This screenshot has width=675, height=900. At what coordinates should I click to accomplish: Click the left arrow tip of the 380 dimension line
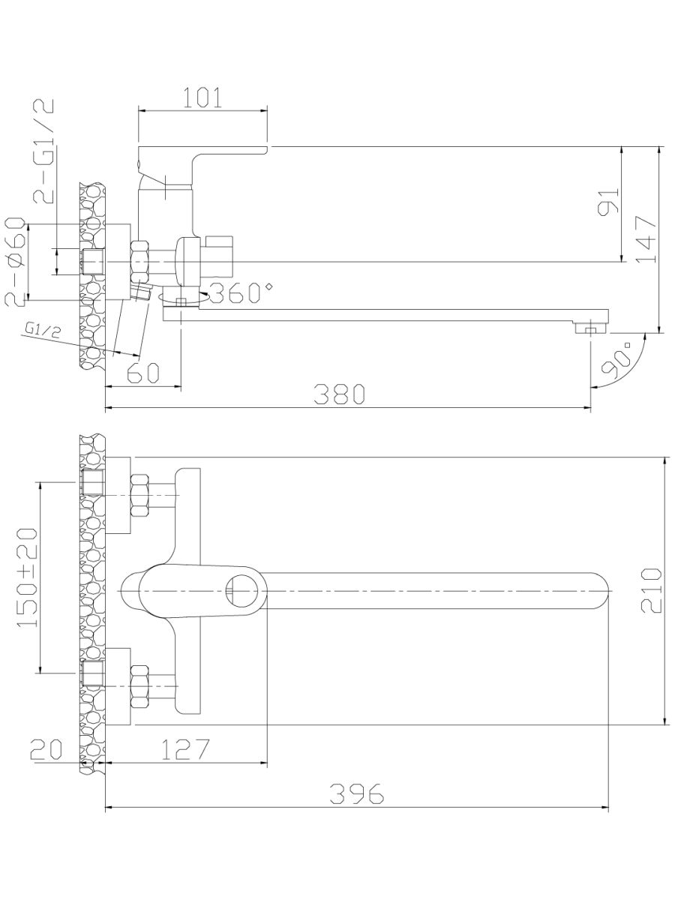pos(106,408)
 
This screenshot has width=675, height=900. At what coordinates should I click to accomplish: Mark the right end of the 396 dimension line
pos(608,808)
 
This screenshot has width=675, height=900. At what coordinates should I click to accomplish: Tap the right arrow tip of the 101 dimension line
pos(268,110)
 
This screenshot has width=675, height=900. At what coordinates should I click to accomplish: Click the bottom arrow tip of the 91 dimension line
pos(622,262)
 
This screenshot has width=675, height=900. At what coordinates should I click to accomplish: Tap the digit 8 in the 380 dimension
pos(339,394)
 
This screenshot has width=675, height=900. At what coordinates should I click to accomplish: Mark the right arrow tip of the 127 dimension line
pos(267,763)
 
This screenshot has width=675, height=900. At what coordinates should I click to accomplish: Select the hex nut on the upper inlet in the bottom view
pos(139,496)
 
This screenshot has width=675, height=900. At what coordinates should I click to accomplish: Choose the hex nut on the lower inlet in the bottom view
pos(139,686)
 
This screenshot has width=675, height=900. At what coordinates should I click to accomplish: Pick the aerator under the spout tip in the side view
pos(590,328)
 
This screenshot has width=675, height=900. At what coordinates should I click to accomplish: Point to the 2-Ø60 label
pos(15,262)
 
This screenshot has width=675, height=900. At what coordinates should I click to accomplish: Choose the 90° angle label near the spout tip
pos(617,359)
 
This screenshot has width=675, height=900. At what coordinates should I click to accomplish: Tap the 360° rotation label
pos(241,292)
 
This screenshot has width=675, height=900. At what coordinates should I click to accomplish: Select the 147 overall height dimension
pos(646,239)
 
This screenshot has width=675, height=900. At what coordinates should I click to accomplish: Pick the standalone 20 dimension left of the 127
pos(46,749)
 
